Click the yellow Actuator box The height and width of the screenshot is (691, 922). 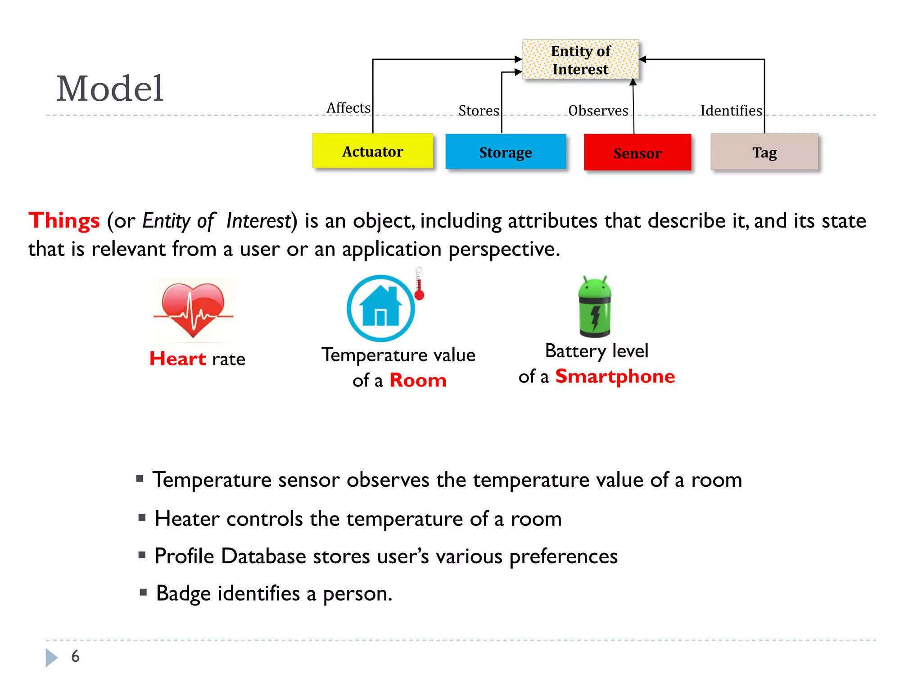point(373,151)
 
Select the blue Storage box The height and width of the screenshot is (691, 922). point(505,152)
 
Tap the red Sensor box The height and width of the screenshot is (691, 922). point(637,153)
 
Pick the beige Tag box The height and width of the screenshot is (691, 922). point(764,152)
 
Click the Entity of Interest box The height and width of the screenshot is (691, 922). point(580,60)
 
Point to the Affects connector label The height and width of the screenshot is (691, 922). point(348,108)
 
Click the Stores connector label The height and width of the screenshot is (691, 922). point(479,111)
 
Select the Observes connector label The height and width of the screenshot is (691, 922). point(598,111)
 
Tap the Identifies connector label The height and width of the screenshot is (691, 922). point(731,111)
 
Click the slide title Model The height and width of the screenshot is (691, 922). point(110,89)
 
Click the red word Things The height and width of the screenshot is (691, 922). point(64,221)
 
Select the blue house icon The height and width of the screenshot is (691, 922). point(381,308)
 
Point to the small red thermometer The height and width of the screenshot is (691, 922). point(419,284)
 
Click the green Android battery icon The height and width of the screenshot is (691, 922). point(595,307)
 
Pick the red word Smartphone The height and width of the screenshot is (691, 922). point(615,377)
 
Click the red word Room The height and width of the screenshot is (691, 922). point(418,381)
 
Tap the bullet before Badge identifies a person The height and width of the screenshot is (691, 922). point(144,592)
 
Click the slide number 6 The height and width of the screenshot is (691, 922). point(75,656)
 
